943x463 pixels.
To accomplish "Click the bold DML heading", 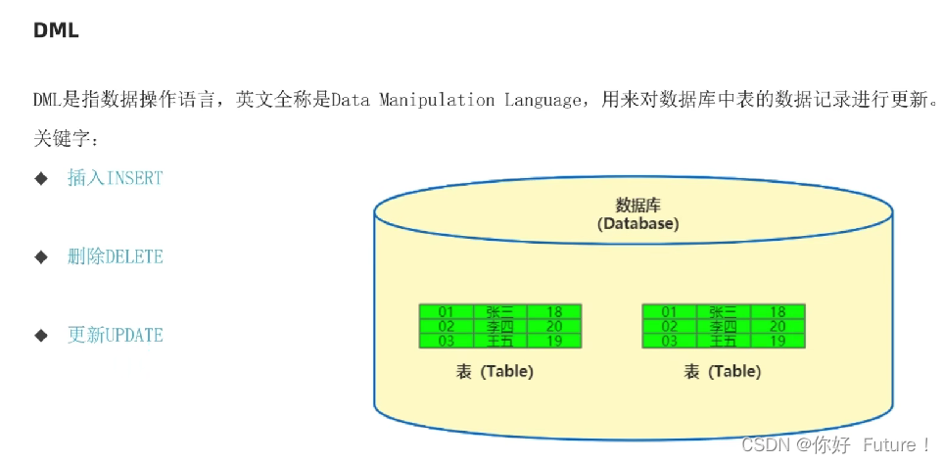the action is click(56, 30).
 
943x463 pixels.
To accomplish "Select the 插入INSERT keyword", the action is click(115, 178).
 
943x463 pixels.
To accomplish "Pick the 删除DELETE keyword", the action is click(115, 256).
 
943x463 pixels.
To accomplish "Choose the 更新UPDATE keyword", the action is click(115, 335).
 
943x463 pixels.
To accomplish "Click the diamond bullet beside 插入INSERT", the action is click(41, 178).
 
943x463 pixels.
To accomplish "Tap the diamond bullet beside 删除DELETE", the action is click(41, 256).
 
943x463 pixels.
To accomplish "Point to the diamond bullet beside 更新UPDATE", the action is click(41, 335).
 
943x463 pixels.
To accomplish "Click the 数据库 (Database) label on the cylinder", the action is click(637, 214).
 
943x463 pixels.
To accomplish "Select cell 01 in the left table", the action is click(447, 312).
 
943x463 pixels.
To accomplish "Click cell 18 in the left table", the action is click(554, 312).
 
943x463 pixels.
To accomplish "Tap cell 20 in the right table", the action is click(778, 327).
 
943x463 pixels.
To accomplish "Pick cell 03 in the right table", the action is click(670, 342).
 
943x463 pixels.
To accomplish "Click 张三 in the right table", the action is click(723, 312).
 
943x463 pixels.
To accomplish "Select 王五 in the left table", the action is click(500, 342).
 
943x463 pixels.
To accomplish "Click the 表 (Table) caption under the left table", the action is click(495, 372).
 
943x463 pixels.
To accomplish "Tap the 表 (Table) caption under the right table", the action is click(722, 372).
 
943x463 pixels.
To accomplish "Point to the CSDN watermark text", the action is click(835, 444).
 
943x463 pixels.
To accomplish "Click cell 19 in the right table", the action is click(778, 342).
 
